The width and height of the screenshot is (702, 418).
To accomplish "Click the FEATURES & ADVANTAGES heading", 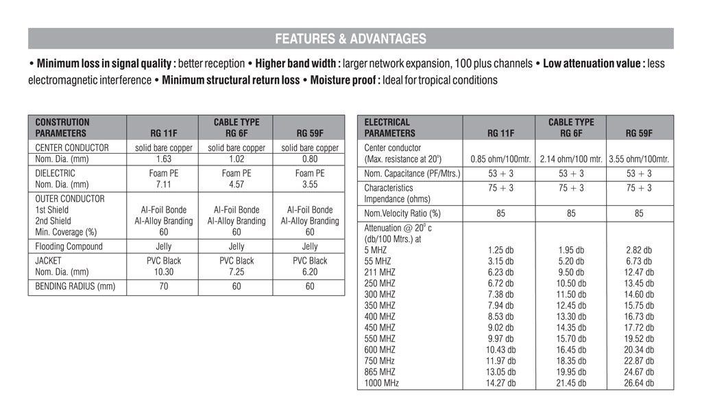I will click(350, 39).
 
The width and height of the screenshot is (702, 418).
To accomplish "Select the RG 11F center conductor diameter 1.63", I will click(163, 159).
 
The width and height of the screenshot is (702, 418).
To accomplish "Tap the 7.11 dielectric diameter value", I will click(163, 185).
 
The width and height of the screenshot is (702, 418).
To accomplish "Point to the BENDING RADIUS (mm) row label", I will click(75, 287).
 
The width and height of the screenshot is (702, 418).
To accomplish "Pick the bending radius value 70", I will click(163, 287).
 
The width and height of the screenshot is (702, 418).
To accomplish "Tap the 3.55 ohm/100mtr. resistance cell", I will click(639, 159).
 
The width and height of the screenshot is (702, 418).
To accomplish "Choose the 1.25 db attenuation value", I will click(501, 251).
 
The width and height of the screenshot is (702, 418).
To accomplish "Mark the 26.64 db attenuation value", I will click(640, 383).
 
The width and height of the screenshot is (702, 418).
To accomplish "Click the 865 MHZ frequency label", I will click(380, 372).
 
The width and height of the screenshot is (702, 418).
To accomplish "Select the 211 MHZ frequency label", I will click(380, 272).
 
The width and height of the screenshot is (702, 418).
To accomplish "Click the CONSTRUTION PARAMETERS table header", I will click(62, 128).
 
